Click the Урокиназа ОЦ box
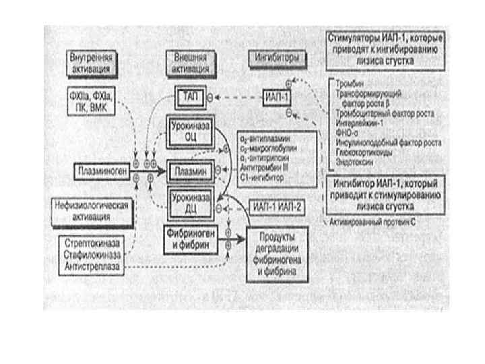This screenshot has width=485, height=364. pyautogui.click(x=189, y=130)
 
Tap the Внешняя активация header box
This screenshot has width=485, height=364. pyautogui.click(x=190, y=63)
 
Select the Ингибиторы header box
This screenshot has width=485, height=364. pyautogui.click(x=276, y=58)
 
